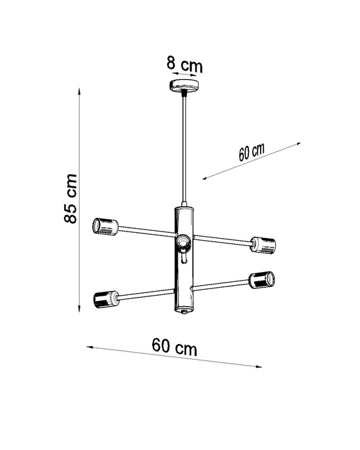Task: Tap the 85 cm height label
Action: (x=71, y=199)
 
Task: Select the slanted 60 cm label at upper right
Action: (x=251, y=152)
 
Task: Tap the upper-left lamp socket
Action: (x=105, y=226)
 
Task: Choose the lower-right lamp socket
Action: (x=261, y=279)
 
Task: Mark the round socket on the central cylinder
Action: (x=184, y=244)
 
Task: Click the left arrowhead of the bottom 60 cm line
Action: (x=89, y=346)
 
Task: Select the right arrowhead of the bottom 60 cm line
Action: (x=261, y=366)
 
